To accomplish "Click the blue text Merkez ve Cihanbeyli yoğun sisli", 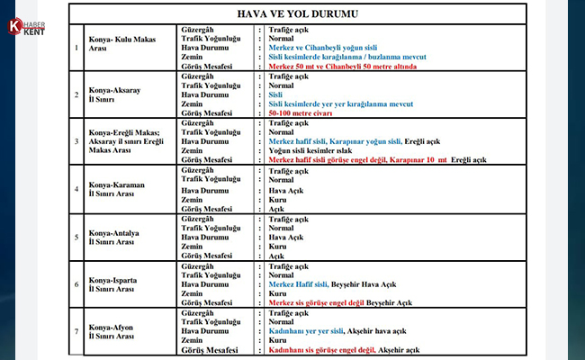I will point(321,46).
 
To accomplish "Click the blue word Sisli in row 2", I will point(276,94).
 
